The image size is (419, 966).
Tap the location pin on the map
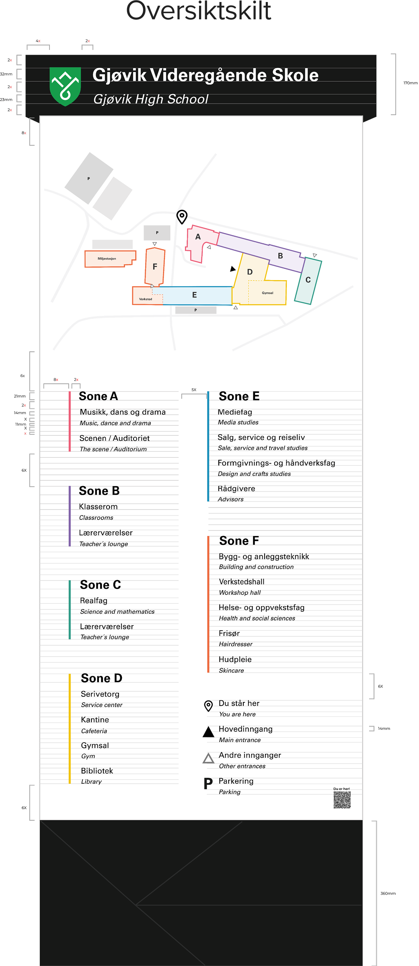tap(182, 217)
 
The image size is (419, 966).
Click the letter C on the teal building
tap(308, 280)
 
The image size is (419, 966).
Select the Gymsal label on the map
tap(267, 293)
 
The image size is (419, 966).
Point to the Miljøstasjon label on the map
tap(107, 259)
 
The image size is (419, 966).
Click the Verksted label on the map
tap(146, 299)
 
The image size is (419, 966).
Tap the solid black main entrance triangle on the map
tap(232, 269)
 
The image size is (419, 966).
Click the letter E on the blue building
tap(195, 295)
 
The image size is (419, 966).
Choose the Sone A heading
tap(99, 396)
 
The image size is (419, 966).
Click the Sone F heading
tap(239, 541)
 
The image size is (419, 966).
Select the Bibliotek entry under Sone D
tap(97, 771)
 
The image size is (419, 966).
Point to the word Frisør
tap(229, 634)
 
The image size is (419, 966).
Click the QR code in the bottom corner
tap(342, 800)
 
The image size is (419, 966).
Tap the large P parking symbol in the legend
tap(208, 784)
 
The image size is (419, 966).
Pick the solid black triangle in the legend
tap(208, 732)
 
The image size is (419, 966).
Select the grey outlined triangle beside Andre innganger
tap(208, 758)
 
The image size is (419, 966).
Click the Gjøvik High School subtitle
tap(151, 99)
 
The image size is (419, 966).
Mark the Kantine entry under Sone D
tap(95, 720)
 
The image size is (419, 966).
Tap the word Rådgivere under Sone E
tap(236, 489)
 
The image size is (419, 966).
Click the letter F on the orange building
tap(155, 266)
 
